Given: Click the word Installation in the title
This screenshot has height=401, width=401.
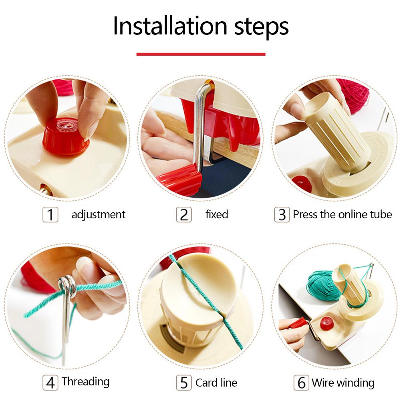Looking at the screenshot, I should click(x=164, y=26).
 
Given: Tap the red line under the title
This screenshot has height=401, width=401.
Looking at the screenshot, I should click(x=201, y=54).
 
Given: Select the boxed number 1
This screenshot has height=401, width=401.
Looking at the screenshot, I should click(x=50, y=215).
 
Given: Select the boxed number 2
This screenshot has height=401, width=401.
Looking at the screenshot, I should click(x=184, y=215).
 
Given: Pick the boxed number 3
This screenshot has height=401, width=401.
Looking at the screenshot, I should click(x=282, y=215).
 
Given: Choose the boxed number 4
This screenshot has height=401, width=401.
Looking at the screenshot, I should click(x=50, y=382).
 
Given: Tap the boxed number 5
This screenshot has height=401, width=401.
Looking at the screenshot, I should click(x=184, y=383).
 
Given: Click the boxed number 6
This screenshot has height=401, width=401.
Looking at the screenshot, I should click(x=301, y=383).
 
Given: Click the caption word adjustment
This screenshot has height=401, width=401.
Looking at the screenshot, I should click(x=98, y=215).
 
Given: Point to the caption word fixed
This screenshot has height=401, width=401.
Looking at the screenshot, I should click(x=217, y=214).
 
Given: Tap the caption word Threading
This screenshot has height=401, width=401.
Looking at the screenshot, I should click(x=86, y=381).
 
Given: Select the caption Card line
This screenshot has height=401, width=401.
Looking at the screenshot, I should click(x=216, y=383).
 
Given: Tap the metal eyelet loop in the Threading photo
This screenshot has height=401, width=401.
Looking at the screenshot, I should click(x=66, y=285).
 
